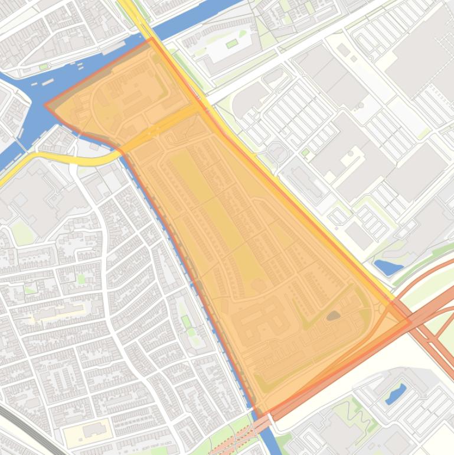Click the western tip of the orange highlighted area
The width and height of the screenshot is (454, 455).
[x=45, y=105]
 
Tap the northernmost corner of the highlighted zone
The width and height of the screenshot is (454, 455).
[x=151, y=38]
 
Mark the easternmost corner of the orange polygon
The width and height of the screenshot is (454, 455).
[x=409, y=322]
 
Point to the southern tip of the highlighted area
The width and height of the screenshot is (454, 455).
[x=258, y=414]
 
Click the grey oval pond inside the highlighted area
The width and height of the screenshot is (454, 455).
[x=334, y=316]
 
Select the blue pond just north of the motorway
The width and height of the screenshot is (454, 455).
[x=388, y=267]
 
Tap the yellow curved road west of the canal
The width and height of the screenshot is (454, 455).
[x=59, y=158]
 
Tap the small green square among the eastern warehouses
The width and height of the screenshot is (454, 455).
[x=305, y=152]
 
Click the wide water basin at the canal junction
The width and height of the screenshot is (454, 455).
[x=35, y=83]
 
